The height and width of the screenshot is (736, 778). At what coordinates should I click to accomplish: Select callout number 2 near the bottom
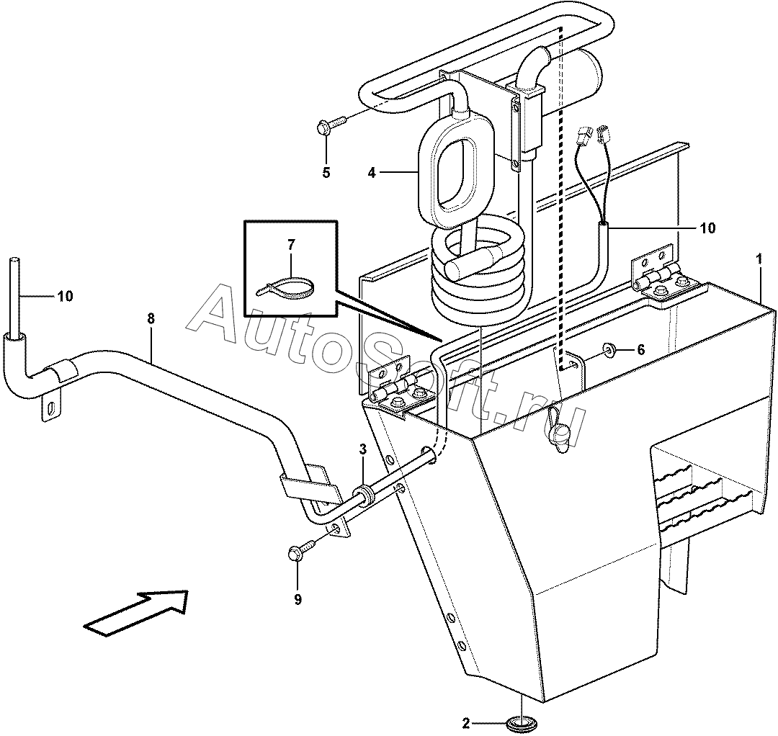[465, 724]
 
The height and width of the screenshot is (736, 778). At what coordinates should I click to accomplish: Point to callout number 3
[362, 450]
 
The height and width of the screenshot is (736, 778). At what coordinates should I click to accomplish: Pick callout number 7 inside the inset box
[291, 245]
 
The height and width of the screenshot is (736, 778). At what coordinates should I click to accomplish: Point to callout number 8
[151, 319]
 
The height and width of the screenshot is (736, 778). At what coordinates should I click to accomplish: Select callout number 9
[298, 600]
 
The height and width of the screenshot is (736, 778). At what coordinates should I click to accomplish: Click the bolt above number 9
[302, 549]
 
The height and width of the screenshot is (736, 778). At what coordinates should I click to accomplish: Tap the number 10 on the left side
[66, 296]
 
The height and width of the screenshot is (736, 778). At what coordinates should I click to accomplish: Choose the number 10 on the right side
[708, 228]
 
